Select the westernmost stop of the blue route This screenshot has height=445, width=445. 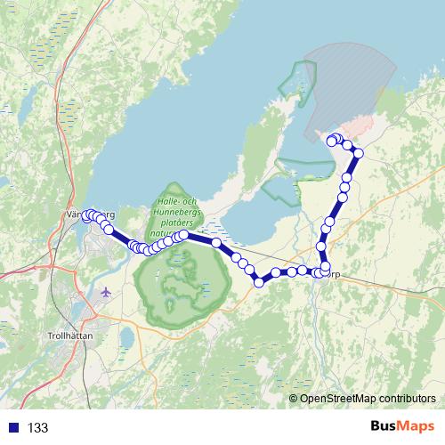coord(87,214)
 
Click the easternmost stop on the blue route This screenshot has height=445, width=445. coord(359,153)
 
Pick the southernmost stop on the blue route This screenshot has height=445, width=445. coord(260,282)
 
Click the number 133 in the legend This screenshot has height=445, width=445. coord(38,428)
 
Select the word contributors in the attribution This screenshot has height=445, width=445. coord(407,400)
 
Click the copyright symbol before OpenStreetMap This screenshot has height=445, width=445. coord(294,400)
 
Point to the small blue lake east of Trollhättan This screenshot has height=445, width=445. coord(126,337)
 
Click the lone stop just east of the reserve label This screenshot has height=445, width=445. coord(216,242)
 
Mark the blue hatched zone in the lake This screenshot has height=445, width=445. coord(356,80)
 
